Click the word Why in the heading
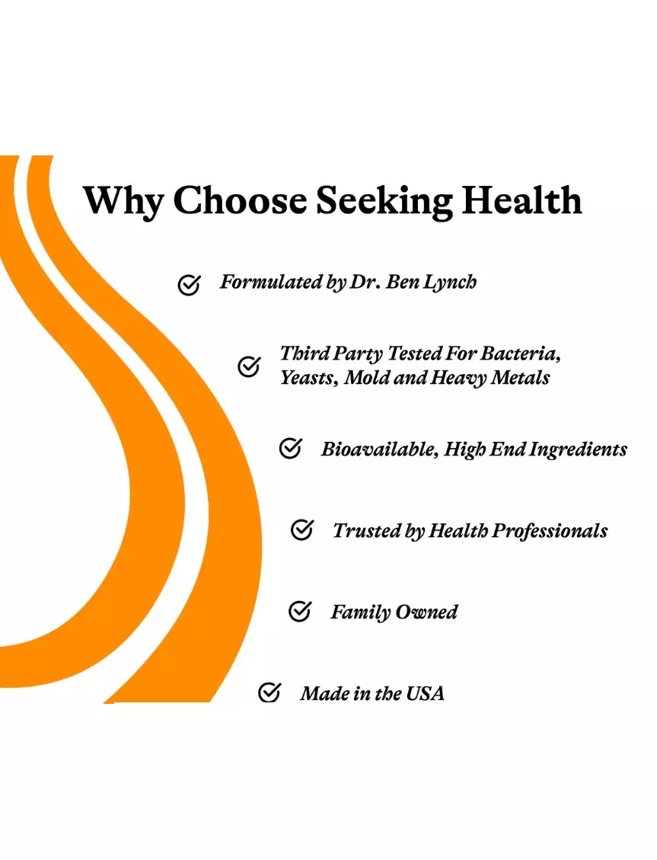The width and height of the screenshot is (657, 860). pos(124,201)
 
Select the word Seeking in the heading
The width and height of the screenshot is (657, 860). pos(384,201)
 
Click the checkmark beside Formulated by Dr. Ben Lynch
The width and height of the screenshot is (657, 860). pos(189,285)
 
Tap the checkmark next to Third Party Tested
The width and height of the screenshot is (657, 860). pos(249,366)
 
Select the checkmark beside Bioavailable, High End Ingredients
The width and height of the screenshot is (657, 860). pos(290,448)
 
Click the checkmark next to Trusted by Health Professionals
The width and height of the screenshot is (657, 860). pos(302,530)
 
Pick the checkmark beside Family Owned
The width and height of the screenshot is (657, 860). pos(300,611)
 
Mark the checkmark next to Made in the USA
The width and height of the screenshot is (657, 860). pos(269,692)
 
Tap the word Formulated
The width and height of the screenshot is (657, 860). pos(271,282)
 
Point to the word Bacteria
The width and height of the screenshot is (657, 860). pos(521,353)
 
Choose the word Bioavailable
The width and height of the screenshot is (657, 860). pos(380,449)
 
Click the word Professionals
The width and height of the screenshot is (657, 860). pos(550,531)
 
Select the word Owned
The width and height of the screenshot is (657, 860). pos(426,612)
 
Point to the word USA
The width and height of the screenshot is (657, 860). pos(425,694)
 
